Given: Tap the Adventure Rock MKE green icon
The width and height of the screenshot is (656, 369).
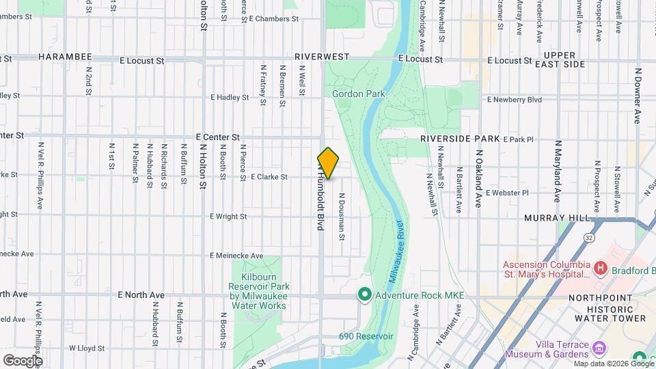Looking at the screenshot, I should point(364,295).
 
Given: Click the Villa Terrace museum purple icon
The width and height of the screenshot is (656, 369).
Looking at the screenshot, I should point(599,348).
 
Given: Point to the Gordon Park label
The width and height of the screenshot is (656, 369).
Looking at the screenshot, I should point(359,94).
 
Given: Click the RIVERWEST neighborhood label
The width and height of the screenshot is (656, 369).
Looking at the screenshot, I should point(323,56).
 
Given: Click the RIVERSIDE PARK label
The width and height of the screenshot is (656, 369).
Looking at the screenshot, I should point(460,138).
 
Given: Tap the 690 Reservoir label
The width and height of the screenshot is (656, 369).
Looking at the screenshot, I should point(366,337).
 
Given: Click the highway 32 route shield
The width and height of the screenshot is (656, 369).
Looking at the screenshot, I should point(588,237).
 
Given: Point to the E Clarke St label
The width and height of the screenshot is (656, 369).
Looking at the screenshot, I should point(269,177).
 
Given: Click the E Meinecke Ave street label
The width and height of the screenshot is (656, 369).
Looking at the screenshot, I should point(236,256).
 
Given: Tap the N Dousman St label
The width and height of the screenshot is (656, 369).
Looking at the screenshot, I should point(341,216).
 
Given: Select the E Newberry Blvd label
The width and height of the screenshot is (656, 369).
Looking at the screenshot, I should point(514,99).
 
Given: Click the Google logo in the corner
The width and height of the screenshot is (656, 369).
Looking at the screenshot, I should point(23,360).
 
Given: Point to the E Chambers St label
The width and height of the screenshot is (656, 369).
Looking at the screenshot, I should point(274,19).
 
